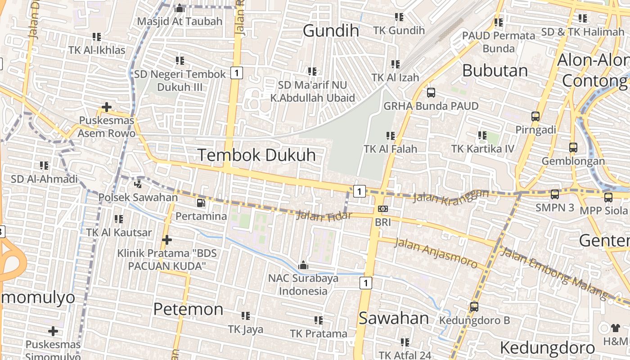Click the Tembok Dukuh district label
[x=256, y=155]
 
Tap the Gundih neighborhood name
[x=331, y=31]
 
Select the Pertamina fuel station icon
[x=201, y=203]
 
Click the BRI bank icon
[x=383, y=209]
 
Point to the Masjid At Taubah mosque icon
[x=180, y=8]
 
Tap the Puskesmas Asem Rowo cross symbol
[x=107, y=107]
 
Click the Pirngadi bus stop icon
[x=535, y=117]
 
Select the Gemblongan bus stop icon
[x=573, y=148]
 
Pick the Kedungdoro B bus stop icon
[x=474, y=307]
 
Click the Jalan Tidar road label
[x=324, y=216]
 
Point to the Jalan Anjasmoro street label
[x=436, y=253]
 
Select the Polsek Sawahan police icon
[x=138, y=184]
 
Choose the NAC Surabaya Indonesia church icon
[x=303, y=265]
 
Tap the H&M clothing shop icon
[x=615, y=328]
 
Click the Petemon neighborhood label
[x=188, y=309]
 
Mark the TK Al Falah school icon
[x=390, y=135]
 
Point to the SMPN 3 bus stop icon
[x=555, y=194]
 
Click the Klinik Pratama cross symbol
[x=167, y=239]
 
